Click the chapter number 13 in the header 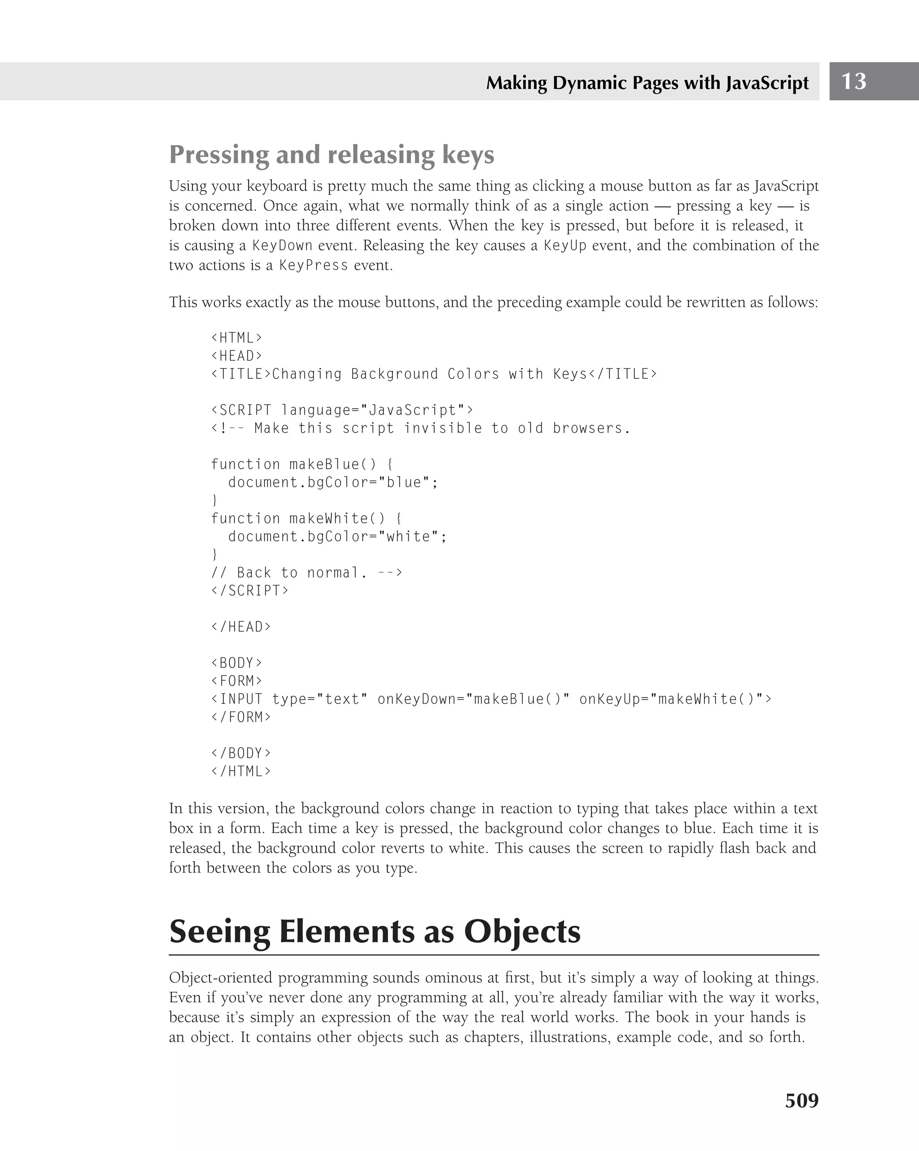click(853, 81)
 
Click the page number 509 click(801, 1100)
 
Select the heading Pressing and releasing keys click(332, 155)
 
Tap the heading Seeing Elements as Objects click(375, 932)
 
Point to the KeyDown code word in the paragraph click(282, 245)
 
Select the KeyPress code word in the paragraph click(314, 266)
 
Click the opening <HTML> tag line click(236, 338)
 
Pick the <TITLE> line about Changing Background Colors click(433, 374)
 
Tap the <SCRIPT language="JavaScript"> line click(342, 410)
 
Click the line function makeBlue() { click(302, 464)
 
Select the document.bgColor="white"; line click(337, 536)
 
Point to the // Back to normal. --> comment click(306, 573)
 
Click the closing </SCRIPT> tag click(249, 591)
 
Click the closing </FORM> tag click(241, 718)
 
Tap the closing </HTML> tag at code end click(241, 772)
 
